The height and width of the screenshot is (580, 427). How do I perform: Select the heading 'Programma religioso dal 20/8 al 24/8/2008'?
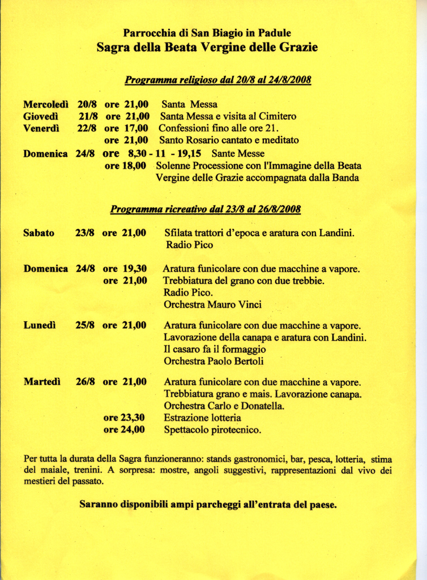click(217, 80)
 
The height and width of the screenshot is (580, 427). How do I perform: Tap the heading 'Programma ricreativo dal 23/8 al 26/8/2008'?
click(205, 210)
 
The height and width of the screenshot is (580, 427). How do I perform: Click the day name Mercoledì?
click(46, 104)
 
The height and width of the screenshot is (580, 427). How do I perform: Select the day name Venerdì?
click(41, 128)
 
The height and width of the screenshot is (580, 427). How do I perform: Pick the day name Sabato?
click(39, 232)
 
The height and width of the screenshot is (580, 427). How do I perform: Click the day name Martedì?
click(42, 382)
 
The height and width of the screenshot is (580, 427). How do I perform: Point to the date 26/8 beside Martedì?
click(85, 382)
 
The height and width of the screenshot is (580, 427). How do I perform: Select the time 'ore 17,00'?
click(126, 128)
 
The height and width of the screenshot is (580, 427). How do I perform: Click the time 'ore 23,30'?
click(124, 417)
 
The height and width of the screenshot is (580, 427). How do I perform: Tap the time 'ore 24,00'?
click(124, 429)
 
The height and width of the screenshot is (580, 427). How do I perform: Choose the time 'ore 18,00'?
click(126, 165)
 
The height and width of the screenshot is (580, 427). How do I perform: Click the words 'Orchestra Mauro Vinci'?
click(212, 305)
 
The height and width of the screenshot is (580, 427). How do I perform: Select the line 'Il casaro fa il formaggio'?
click(215, 349)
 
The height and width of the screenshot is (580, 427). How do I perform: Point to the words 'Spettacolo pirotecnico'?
click(212, 430)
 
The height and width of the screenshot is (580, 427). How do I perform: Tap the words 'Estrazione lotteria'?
click(202, 418)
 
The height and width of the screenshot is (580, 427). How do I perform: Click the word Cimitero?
click(277, 116)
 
